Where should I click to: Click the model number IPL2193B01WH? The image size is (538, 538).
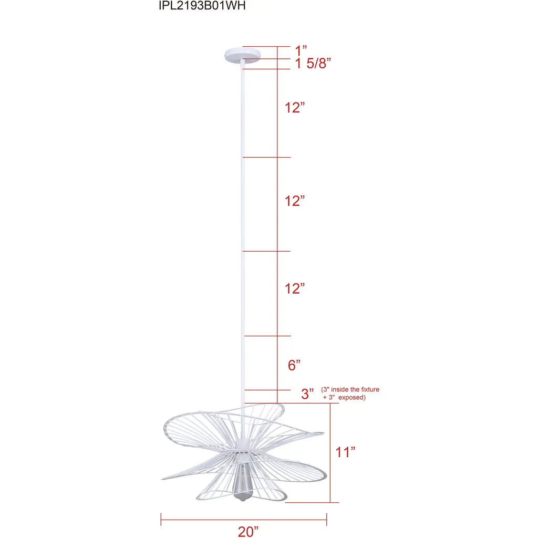coord(202,5)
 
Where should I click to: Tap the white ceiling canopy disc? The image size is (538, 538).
coord(243,55)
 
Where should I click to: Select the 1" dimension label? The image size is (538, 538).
coord(301,50)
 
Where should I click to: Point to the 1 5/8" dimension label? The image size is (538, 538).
coord(313,64)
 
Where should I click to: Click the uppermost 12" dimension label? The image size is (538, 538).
coord(295,108)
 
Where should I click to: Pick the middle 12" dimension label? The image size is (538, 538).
coord(295,201)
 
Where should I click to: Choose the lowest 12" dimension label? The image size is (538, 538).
coord(295,288)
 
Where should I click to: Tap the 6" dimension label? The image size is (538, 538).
coord(294,366)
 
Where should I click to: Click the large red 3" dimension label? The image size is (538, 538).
coord(307,394)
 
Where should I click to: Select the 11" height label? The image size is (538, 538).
coord(345,452)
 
